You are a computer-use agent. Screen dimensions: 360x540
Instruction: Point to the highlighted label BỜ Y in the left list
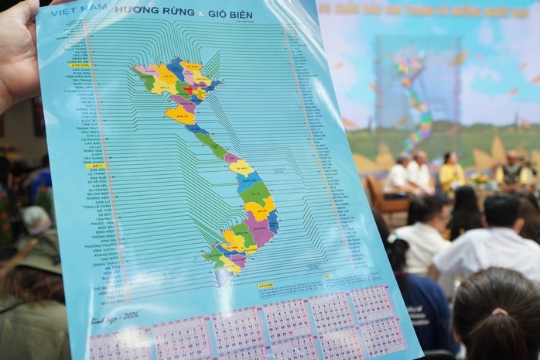94,165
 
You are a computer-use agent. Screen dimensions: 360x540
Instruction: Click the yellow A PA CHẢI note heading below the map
265,285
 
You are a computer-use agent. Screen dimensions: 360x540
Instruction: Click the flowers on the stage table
479,180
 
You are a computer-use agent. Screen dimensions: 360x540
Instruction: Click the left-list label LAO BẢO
92,143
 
